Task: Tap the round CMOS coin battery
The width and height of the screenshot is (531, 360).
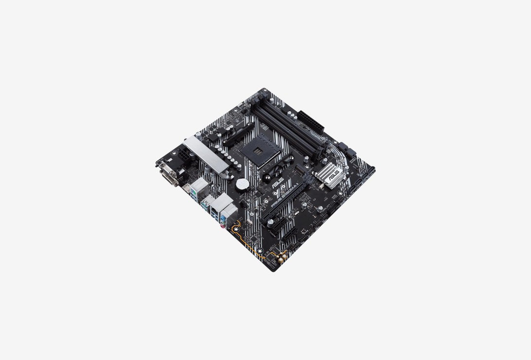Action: tap(242, 184)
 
